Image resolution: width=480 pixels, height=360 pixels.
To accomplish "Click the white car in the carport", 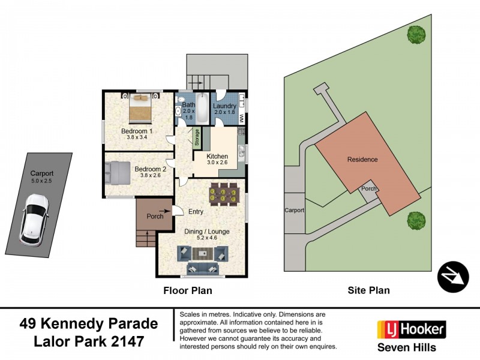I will coord(34,218).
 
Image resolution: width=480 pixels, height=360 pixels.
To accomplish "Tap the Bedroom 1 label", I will coord(137,131).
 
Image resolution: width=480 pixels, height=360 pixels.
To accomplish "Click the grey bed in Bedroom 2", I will coord(119,172).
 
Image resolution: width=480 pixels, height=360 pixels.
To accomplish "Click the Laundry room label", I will coord(226,106).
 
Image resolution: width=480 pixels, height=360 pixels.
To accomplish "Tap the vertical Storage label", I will coord(196,138).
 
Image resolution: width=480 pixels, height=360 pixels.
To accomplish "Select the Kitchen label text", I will coord(218,155).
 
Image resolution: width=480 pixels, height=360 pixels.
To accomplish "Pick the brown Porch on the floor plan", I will coord(154,216).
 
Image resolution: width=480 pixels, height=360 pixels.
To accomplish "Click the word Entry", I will coord(196,212).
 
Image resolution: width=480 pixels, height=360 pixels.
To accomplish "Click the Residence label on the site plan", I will coord(362,160).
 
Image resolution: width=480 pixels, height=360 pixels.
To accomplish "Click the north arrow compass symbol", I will coord(452,277).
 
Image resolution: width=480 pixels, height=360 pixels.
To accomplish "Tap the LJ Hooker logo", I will coord(411,329).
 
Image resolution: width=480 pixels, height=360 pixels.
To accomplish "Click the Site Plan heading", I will coord(368,290).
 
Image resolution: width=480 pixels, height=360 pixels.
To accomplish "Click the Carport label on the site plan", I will coord(294,211).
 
